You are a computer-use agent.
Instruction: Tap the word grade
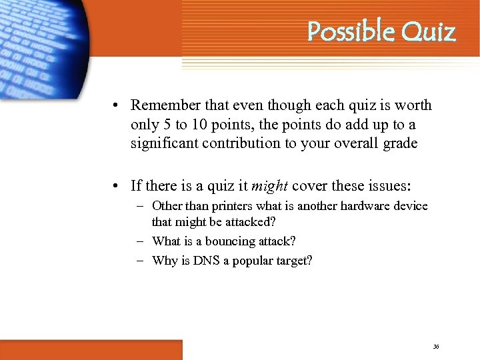click(x=398, y=143)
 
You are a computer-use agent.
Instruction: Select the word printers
click(x=223, y=206)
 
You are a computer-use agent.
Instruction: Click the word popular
click(x=253, y=261)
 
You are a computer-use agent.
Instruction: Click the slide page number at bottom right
click(x=436, y=347)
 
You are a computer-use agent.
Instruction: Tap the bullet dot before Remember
click(x=116, y=106)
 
